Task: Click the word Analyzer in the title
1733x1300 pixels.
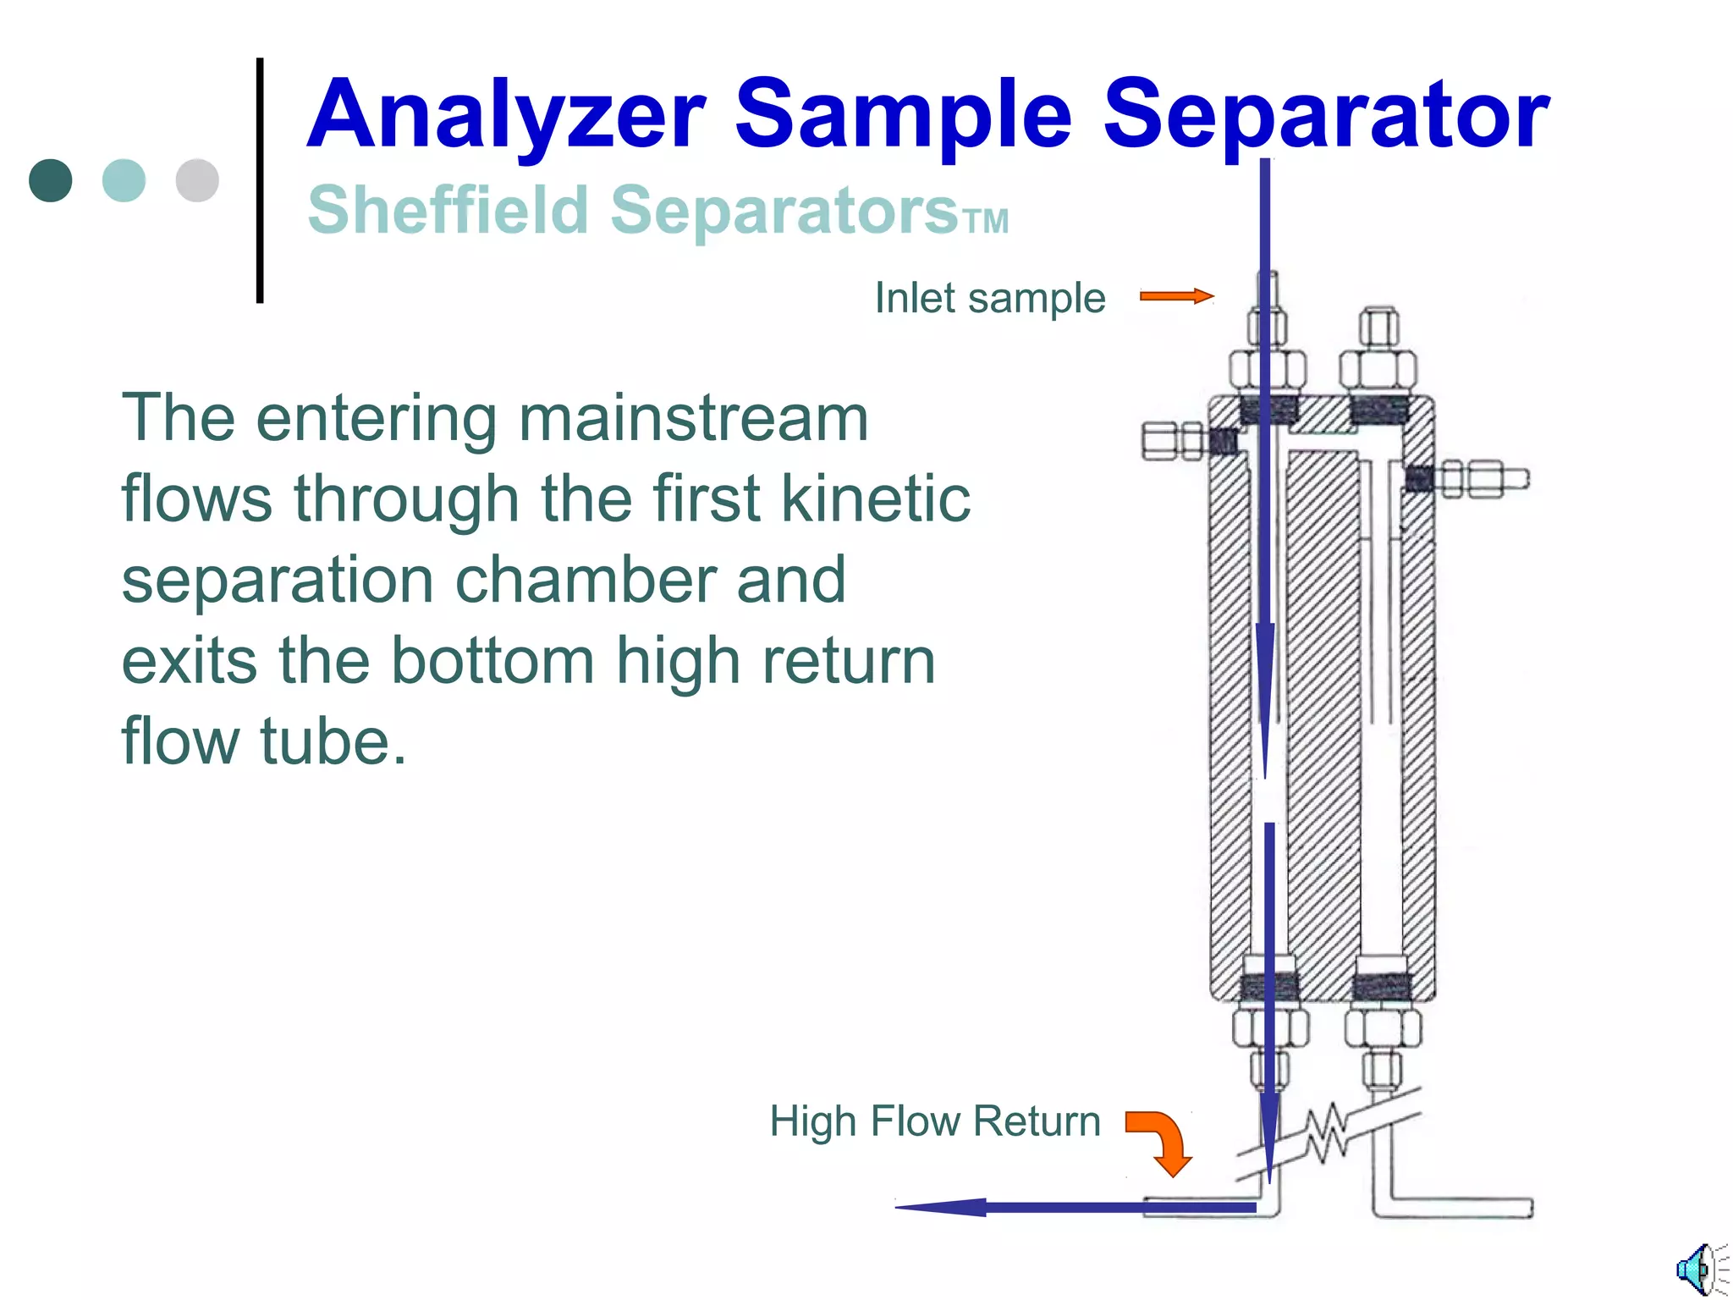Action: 506,115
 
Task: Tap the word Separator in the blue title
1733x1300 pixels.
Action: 1325,115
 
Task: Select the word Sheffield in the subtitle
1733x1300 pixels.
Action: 448,210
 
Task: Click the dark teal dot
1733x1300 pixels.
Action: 50,180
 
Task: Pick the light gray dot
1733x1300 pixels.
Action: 197,180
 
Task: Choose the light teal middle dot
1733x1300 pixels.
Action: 124,180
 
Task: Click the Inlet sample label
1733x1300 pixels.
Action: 989,298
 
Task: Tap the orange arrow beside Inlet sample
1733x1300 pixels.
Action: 1176,296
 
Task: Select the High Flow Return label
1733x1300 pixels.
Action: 934,1121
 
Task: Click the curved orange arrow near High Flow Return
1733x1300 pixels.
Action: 1163,1141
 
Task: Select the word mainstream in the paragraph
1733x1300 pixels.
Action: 693,418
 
